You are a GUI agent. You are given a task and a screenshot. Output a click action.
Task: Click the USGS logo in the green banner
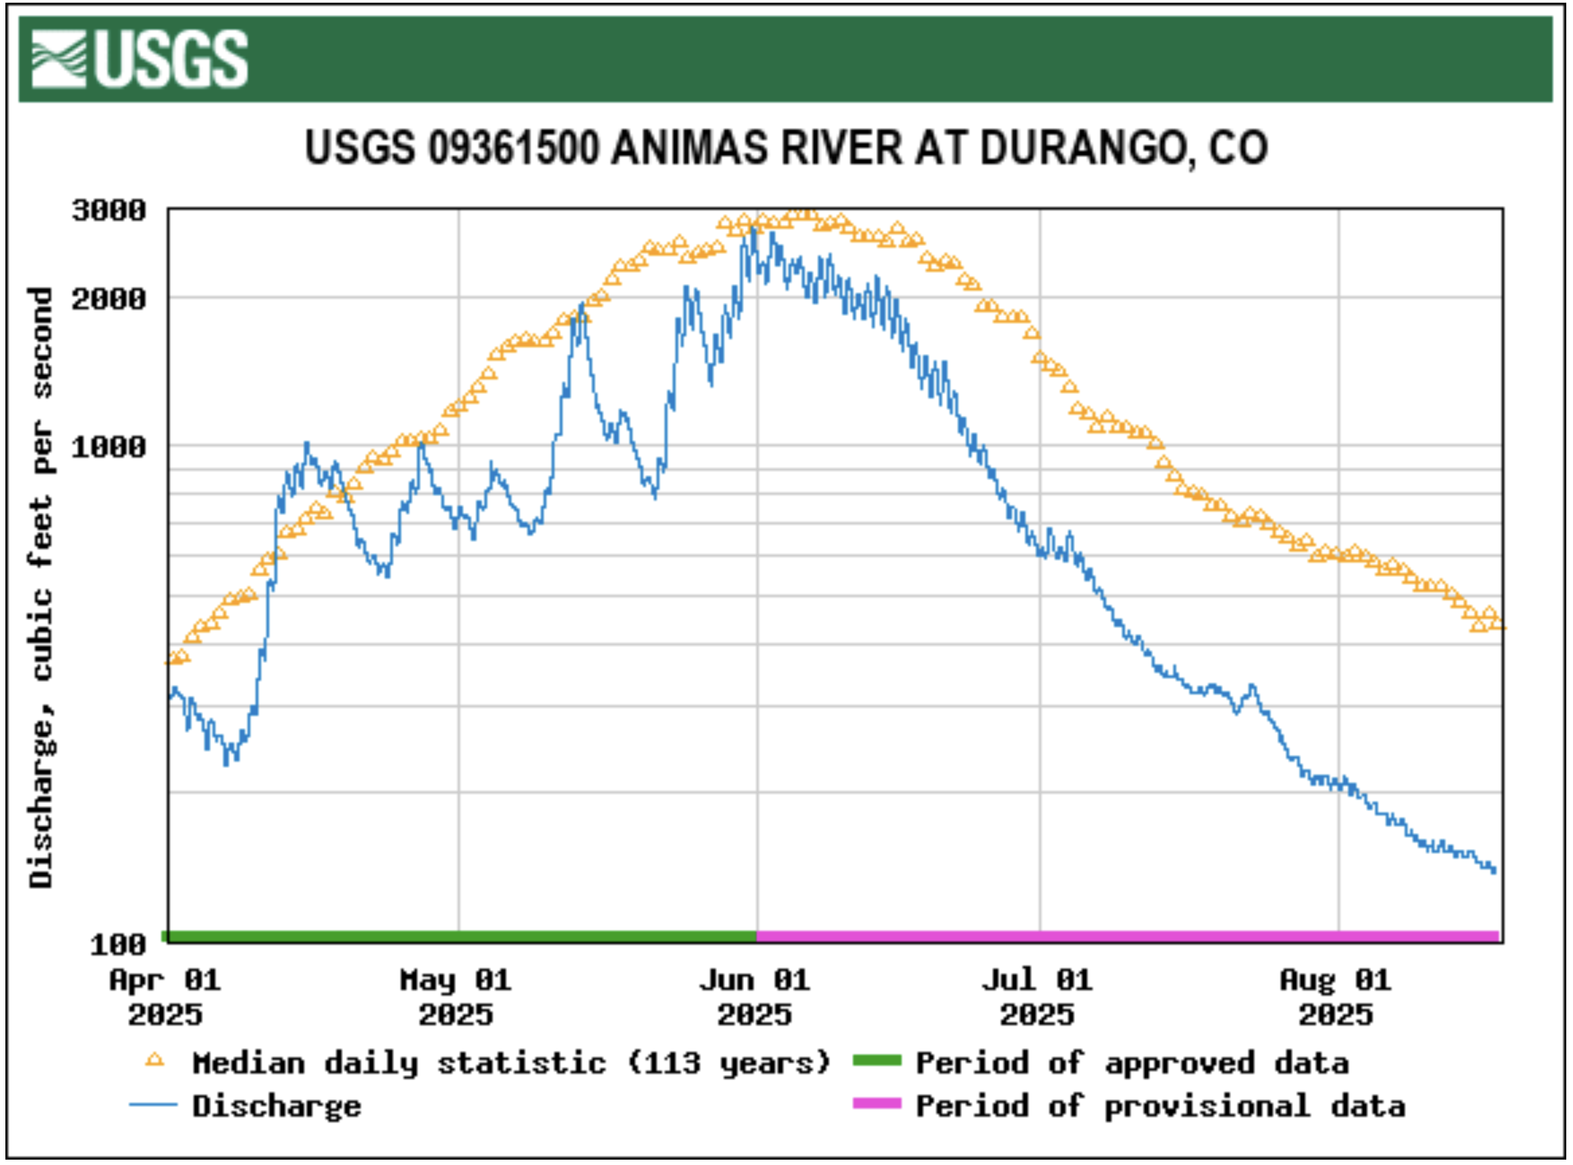pos(140,59)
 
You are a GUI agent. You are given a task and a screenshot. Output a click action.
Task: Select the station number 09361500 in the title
pos(513,148)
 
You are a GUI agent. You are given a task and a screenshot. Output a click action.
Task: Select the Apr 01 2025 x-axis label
pos(165,997)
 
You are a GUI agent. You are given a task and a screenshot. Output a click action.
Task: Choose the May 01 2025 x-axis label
pos(455,997)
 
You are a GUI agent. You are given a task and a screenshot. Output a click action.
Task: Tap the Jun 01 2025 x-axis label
pos(755,997)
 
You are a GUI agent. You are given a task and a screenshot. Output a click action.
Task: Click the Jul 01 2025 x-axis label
pos(1037,997)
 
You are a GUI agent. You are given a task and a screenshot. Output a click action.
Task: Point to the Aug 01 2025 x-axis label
pos(1336,997)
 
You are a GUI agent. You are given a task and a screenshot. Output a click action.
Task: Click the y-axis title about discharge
pos(41,587)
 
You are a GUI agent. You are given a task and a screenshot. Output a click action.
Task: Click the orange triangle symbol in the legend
pos(155,1060)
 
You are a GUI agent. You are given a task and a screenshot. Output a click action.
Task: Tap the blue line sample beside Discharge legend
pos(153,1105)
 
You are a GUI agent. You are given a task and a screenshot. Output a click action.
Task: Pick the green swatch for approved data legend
pos(877,1060)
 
